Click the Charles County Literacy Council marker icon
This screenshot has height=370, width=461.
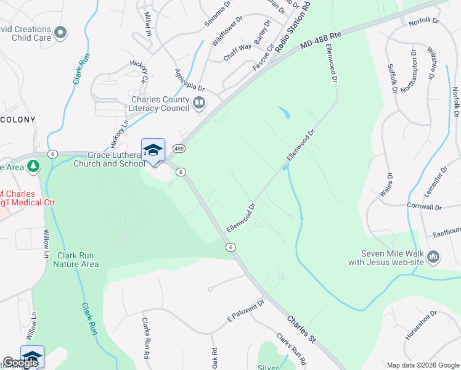(199, 103)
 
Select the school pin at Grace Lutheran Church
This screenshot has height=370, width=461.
(153, 150)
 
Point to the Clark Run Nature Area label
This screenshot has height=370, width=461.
(76, 260)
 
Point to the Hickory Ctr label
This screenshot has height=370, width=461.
(139, 71)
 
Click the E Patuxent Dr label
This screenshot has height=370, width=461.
(245, 310)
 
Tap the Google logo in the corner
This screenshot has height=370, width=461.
(20, 363)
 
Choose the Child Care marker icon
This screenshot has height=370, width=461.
(60, 31)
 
